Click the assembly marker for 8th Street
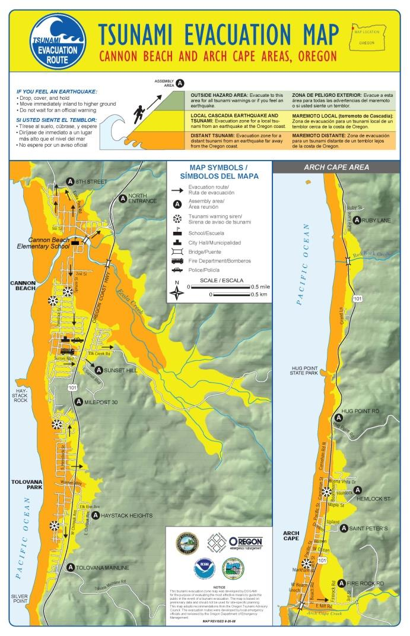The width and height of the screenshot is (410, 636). point(71,181)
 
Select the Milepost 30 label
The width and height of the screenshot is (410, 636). point(101,402)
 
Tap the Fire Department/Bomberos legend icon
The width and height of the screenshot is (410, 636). point(177,260)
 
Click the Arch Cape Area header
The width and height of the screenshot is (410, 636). point(336,167)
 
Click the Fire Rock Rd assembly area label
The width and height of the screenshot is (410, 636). point(365,584)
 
